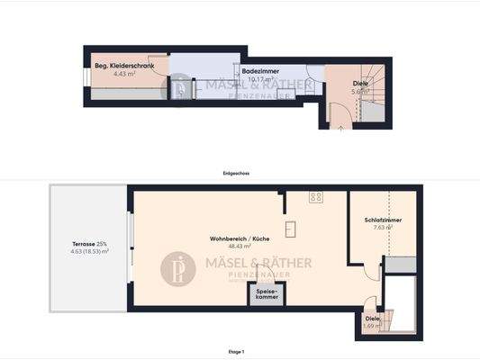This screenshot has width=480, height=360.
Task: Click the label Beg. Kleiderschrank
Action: pos(125,67)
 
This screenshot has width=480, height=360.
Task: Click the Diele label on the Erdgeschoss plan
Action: pos(360,83)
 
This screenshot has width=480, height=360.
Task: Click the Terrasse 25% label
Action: pos(90,244)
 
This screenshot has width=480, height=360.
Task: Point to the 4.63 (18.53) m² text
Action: pos(90,252)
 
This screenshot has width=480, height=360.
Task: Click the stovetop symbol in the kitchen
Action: pos(316,197)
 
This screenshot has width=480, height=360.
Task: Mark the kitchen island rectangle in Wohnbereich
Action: pos(291,229)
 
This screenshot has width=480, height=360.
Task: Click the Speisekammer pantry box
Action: pos(266,295)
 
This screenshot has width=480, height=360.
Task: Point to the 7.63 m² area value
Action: pos(383,228)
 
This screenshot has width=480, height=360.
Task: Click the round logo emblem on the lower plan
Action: pos(179,266)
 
